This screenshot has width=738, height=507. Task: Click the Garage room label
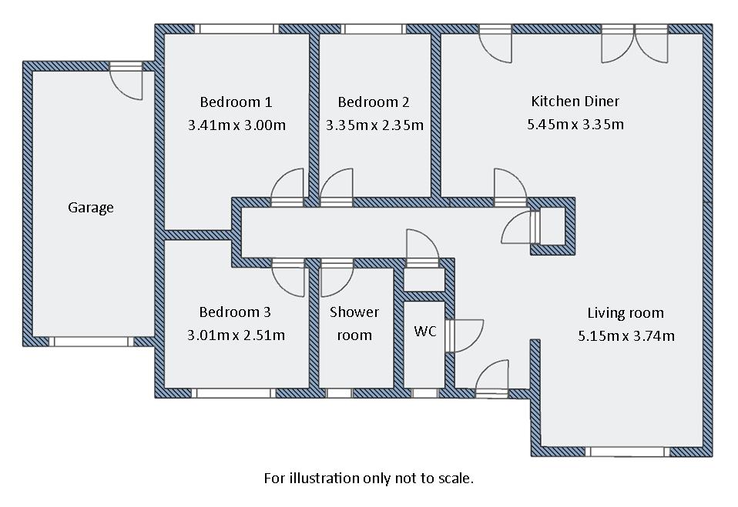pyautogui.click(x=91, y=207)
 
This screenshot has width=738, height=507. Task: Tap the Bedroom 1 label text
pyautogui.click(x=236, y=102)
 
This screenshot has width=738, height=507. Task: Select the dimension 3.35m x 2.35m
pyautogui.click(x=374, y=124)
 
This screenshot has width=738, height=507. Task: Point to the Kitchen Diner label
pyautogui.click(x=575, y=101)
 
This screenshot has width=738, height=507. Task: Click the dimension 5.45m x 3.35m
pyautogui.click(x=575, y=123)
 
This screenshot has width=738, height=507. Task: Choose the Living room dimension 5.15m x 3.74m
pyautogui.click(x=626, y=335)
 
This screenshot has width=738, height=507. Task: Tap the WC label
pyautogui.click(x=425, y=331)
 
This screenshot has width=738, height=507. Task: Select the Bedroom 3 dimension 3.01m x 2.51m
pyautogui.click(x=235, y=335)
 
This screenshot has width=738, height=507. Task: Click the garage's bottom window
pyautogui.click(x=92, y=341)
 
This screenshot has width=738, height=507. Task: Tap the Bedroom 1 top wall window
pyautogui.click(x=235, y=28)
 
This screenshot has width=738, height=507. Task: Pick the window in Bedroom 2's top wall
pyautogui.click(x=374, y=28)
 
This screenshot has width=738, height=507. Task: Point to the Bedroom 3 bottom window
pyautogui.click(x=233, y=392)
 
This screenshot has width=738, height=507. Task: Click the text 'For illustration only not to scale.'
pyautogui.click(x=368, y=478)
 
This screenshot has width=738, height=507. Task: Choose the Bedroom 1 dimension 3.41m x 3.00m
pyautogui.click(x=236, y=124)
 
